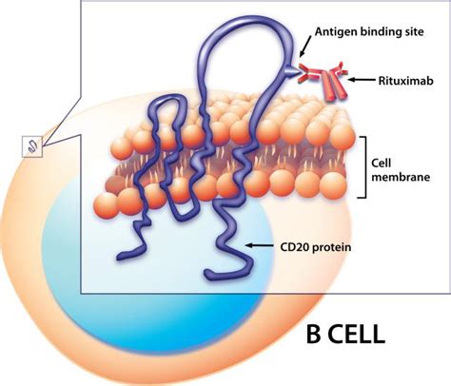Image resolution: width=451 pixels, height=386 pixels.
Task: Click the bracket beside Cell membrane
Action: tap(363, 166)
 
